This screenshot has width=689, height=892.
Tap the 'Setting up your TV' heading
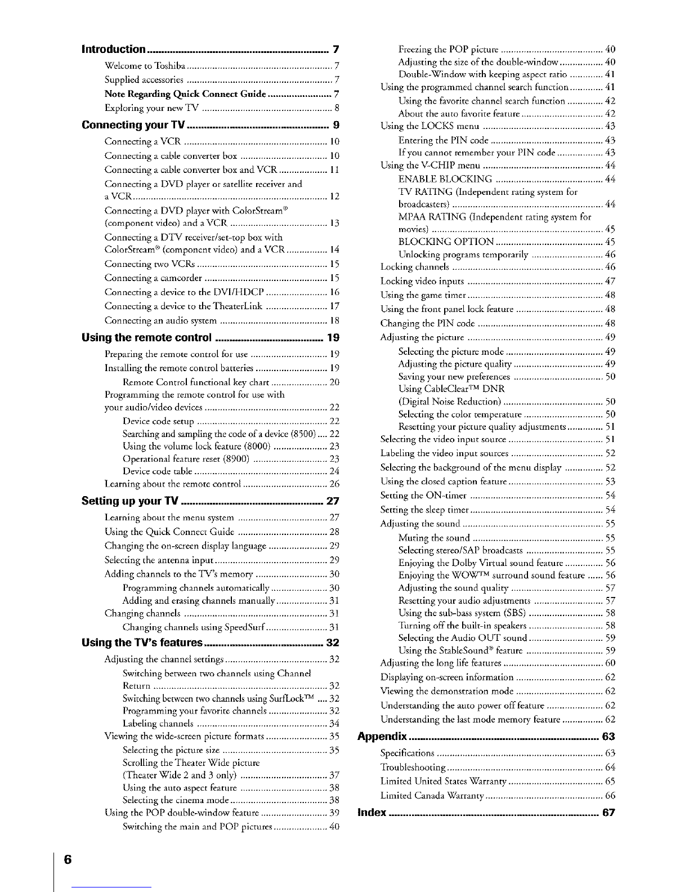(x=131, y=501)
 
